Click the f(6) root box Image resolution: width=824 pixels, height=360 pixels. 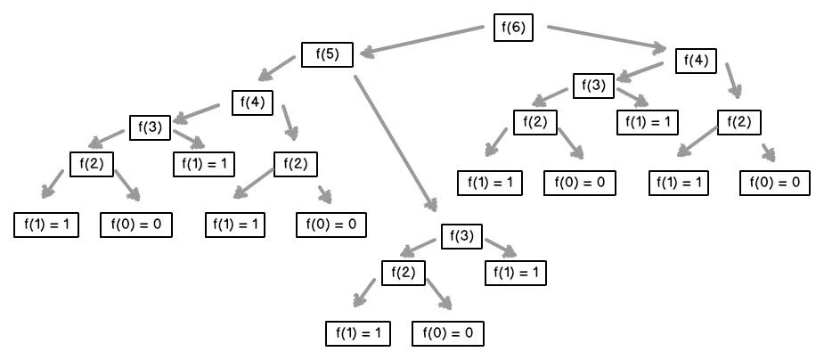coord(513,28)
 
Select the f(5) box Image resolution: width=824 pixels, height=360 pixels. coord(328,54)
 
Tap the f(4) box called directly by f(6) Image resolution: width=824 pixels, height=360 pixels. coord(696,61)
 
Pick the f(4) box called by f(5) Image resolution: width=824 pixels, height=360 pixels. coord(253,102)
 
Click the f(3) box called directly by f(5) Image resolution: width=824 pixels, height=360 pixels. coord(461,238)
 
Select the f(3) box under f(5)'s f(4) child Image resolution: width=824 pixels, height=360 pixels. coord(150,127)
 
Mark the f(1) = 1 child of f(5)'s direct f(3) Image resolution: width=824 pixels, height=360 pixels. coord(516,273)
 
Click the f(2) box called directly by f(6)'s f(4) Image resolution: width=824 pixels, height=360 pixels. coord(739,121)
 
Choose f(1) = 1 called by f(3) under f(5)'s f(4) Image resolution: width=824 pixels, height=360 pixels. coord(204,164)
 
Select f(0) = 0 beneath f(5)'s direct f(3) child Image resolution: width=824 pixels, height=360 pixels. coord(447,334)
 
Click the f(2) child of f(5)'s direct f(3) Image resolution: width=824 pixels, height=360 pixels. coord(404,273)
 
